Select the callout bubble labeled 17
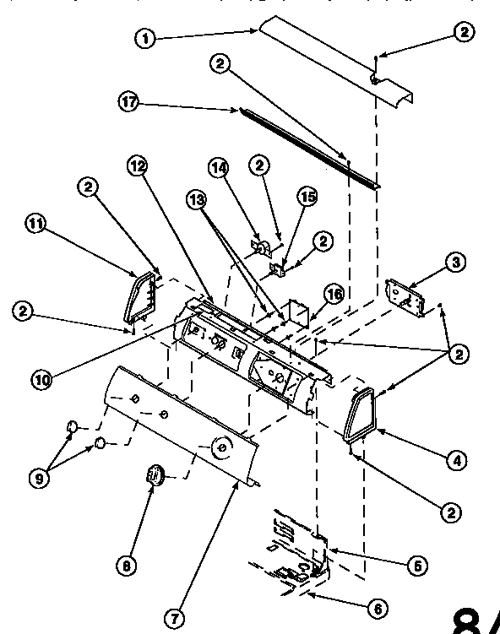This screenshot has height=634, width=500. [128, 101]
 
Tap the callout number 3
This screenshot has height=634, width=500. [454, 263]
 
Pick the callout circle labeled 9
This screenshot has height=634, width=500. [39, 477]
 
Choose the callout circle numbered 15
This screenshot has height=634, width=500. [307, 196]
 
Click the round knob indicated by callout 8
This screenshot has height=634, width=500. [155, 475]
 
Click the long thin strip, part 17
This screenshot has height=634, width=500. [308, 145]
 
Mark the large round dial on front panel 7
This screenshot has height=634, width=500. [221, 446]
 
